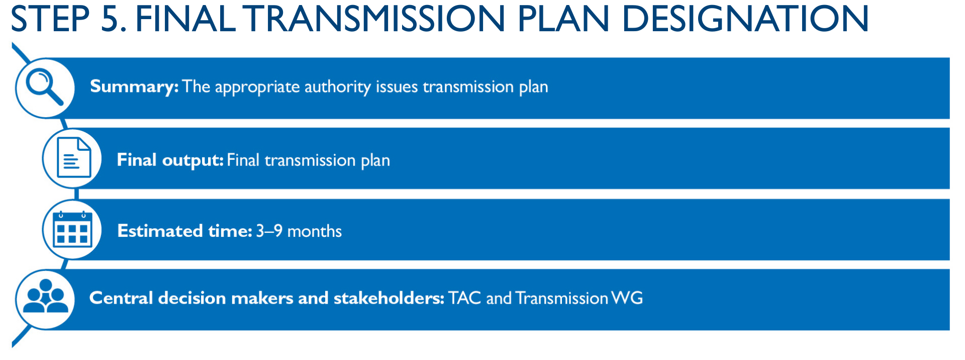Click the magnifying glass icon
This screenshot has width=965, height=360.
click(x=45, y=87)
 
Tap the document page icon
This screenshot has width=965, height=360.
click(x=74, y=158)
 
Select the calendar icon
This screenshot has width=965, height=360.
click(x=73, y=229)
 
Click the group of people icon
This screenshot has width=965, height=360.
click(x=46, y=296)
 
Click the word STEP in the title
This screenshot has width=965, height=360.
click(x=50, y=19)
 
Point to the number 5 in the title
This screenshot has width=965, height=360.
click(x=113, y=19)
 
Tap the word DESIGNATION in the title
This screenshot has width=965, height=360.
click(x=745, y=19)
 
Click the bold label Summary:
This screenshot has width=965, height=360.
click(x=134, y=87)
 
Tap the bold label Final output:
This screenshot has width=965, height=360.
click(x=170, y=160)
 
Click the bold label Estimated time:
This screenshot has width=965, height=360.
click(x=184, y=231)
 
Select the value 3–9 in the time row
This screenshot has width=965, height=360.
click(x=269, y=231)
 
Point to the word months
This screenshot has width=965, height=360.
click(x=315, y=231)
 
